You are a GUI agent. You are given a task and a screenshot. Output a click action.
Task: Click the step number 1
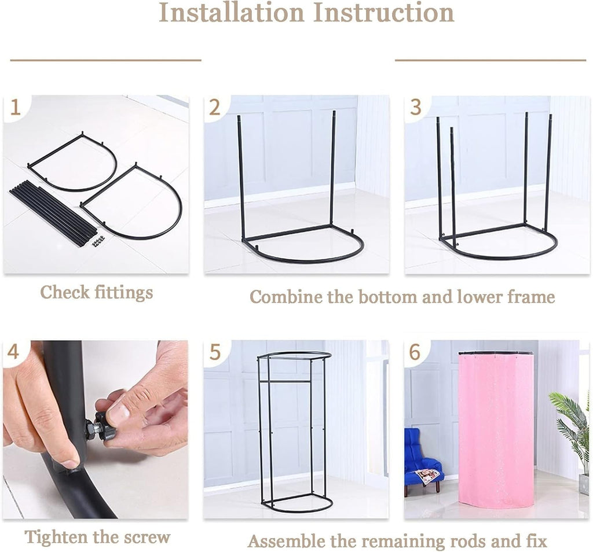click(16, 107)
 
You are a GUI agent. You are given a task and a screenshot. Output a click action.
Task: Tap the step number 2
click(214, 107)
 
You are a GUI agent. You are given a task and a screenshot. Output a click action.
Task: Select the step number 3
click(416, 107)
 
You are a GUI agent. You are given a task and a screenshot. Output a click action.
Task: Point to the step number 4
click(13, 352)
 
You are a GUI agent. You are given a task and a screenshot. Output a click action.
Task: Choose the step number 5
click(215, 352)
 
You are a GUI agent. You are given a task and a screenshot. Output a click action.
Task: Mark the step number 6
click(415, 352)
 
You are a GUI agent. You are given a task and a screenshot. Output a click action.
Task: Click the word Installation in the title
click(232, 13)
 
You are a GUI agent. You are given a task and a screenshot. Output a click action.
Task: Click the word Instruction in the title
click(383, 13)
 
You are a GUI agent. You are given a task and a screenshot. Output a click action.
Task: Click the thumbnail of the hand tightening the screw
click(96, 429)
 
